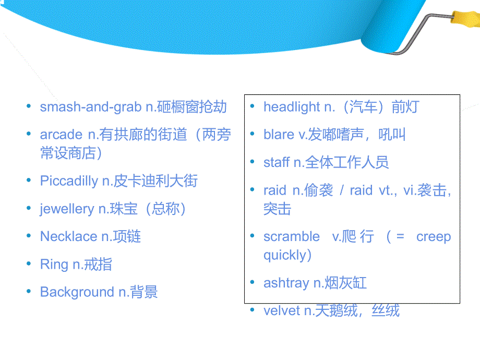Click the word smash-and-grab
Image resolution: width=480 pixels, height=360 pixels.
tap(90, 107)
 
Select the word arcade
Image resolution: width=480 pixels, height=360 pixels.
tap(61, 135)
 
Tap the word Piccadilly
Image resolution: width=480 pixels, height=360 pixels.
tap(68, 181)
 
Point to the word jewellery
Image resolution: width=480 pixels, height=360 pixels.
tap(67, 209)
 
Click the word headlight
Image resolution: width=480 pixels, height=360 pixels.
tap(292, 107)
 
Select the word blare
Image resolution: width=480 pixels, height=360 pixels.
tap(279, 135)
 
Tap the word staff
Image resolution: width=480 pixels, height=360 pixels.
tap(276, 162)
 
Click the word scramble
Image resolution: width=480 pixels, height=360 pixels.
tap(292, 236)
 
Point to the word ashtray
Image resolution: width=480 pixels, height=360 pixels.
tap(286, 283)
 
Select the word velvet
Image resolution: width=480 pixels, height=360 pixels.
tap(281, 311)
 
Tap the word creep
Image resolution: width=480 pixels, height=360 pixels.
tap(433, 236)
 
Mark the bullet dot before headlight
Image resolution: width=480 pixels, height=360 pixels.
tap(253, 107)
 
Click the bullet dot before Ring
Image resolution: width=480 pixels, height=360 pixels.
tap(29, 264)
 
